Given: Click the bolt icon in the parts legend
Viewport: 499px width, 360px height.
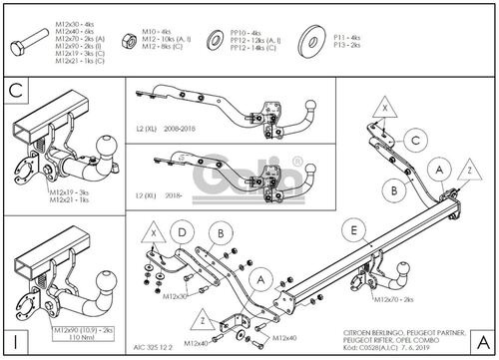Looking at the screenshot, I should point(26,47).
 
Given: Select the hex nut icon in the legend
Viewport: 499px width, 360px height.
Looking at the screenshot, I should point(127,40).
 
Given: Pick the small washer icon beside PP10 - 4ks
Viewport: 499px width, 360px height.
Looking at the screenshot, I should point(214,40).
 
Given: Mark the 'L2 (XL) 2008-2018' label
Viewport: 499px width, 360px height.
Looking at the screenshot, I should point(165,129).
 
